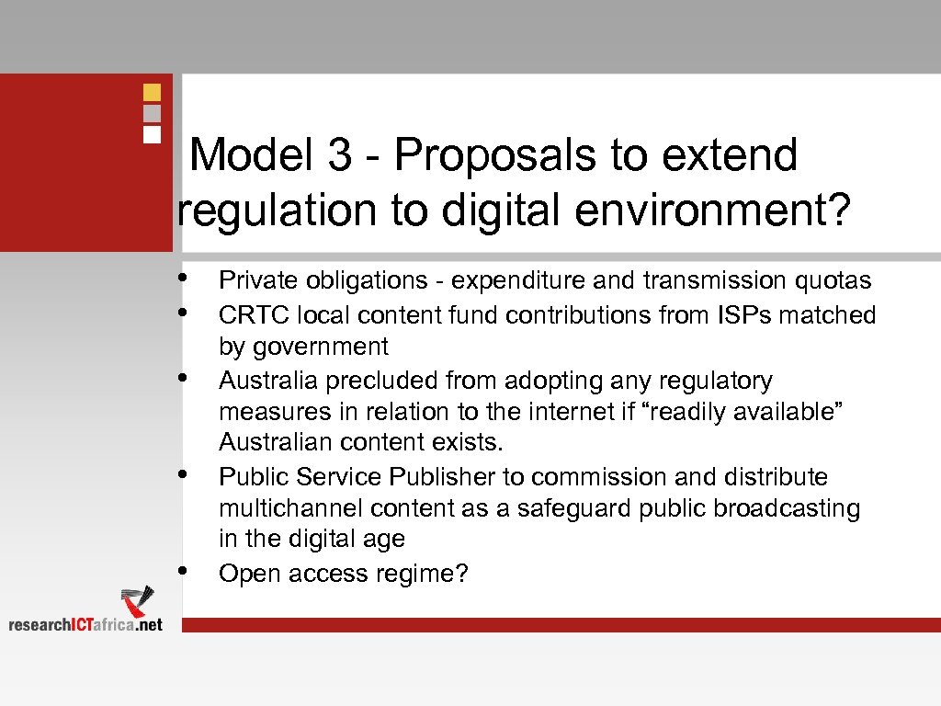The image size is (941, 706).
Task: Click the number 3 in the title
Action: point(338,155)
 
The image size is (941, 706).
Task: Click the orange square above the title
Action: point(153,93)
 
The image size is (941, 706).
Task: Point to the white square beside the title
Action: point(153,133)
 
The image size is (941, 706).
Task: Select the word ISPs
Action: point(738,315)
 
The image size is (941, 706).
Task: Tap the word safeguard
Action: point(566,508)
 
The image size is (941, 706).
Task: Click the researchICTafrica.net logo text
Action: point(85,624)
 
